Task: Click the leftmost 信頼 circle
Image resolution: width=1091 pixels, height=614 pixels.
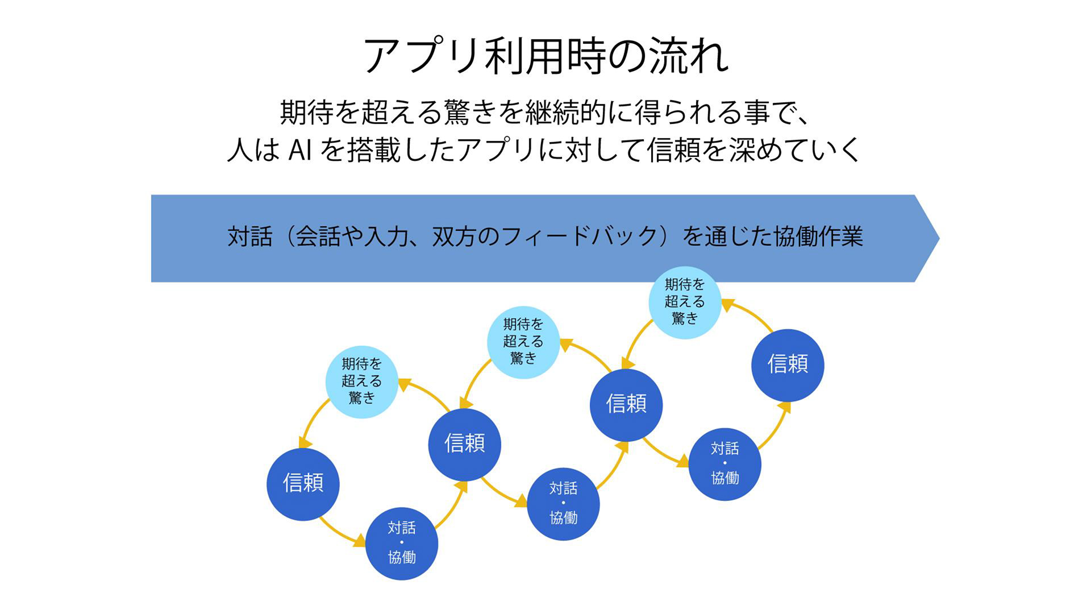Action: [303, 484]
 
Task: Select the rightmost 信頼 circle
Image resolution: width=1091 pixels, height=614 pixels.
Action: [788, 364]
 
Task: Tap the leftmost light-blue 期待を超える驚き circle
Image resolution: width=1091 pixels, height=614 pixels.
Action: [361, 381]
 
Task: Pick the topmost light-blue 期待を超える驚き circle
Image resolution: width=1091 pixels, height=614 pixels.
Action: [685, 302]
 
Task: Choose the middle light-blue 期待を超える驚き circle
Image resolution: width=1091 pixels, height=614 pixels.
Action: [523, 342]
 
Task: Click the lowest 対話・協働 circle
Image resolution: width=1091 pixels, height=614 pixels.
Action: [402, 544]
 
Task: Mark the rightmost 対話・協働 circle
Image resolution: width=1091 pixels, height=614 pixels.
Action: [725, 464]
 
